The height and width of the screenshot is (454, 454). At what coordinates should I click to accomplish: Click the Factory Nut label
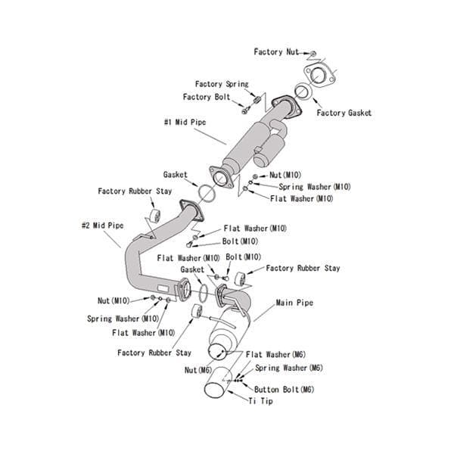[277, 52]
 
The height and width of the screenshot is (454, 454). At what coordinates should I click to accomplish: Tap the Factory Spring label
[221, 84]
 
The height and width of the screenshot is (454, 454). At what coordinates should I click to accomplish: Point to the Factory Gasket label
[344, 113]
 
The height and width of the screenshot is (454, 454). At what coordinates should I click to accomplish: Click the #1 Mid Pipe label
[185, 121]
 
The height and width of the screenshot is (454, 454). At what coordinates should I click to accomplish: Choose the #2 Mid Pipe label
[102, 225]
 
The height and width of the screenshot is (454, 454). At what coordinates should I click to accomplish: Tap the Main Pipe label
[294, 303]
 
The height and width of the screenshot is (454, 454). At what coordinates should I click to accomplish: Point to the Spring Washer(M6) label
[288, 368]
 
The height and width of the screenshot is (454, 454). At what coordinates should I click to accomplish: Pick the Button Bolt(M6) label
[284, 389]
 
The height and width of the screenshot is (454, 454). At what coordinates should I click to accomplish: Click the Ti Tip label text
[260, 401]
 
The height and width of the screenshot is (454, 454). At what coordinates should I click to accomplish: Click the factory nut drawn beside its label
[314, 54]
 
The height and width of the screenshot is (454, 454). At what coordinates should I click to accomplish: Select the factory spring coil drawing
[257, 98]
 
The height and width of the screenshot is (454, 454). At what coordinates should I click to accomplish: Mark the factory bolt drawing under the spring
[246, 110]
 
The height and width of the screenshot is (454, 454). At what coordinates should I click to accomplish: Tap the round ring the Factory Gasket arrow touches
[300, 92]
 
